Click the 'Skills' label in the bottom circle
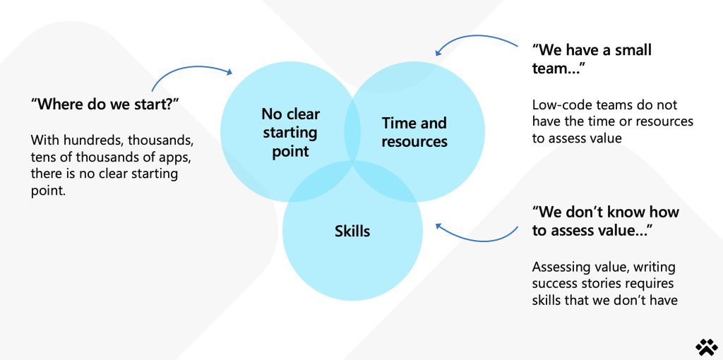click(x=352, y=231)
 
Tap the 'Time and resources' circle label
click(x=414, y=132)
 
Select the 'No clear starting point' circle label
click(x=290, y=132)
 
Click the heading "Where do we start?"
click(x=104, y=104)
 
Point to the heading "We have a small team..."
click(x=592, y=59)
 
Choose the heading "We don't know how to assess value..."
click(x=605, y=221)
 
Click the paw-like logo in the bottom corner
click(x=706, y=347)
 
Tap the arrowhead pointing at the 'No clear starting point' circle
click(x=228, y=71)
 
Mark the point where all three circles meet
click(x=353, y=162)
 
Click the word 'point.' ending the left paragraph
click(x=49, y=191)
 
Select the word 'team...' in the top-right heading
click(x=558, y=68)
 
